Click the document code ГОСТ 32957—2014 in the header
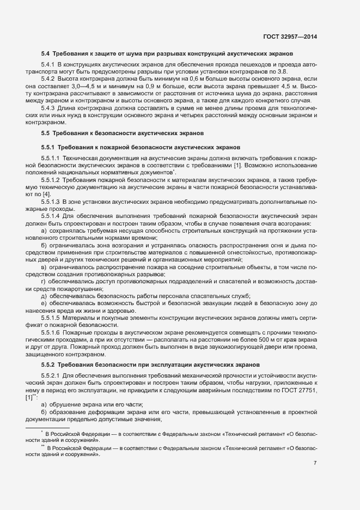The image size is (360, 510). pyautogui.click(x=289, y=36)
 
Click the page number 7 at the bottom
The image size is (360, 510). pyautogui.click(x=315, y=463)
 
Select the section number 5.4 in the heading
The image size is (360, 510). pyautogui.click(x=45, y=54)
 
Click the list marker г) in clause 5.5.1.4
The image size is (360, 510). pyautogui.click(x=43, y=281)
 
